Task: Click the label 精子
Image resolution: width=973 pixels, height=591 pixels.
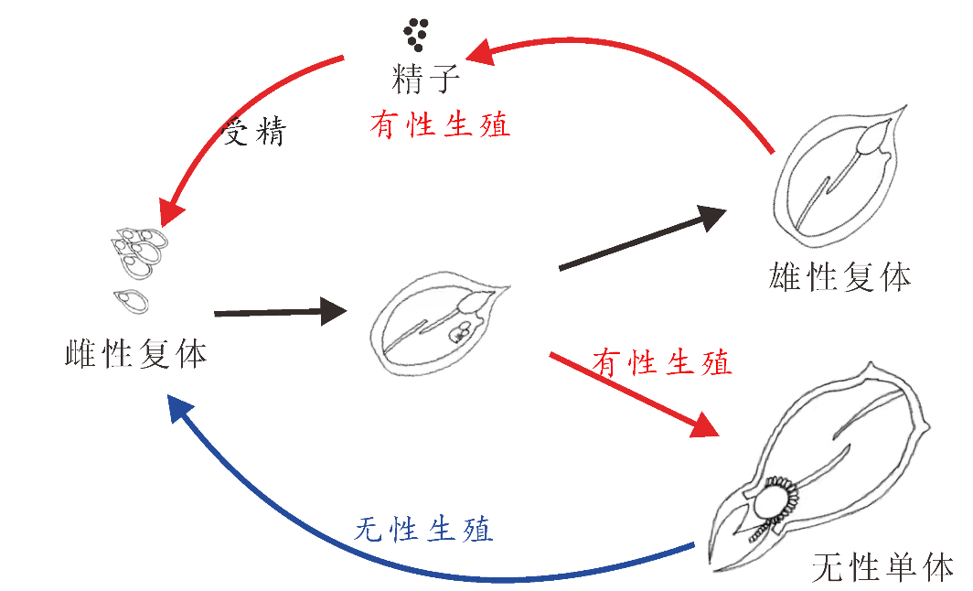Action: (x=426, y=79)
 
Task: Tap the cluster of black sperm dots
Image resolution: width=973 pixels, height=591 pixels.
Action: (x=416, y=34)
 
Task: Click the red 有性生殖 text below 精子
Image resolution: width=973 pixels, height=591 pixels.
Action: (x=440, y=124)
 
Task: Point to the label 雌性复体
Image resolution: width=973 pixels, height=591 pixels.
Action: (x=136, y=354)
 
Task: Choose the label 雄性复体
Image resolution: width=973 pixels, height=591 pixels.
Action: (x=839, y=277)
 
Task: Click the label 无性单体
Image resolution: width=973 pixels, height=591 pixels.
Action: (x=883, y=567)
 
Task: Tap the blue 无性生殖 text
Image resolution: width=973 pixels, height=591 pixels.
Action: (x=423, y=530)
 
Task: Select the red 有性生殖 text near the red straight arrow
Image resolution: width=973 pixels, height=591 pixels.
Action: (x=661, y=362)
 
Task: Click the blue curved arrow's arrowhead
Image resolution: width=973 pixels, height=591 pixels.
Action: (x=180, y=413)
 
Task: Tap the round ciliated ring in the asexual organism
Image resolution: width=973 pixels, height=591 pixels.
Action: (x=775, y=500)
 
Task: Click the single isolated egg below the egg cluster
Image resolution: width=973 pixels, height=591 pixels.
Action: (x=131, y=300)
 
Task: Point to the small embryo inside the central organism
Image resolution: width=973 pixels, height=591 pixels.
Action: (x=461, y=332)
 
